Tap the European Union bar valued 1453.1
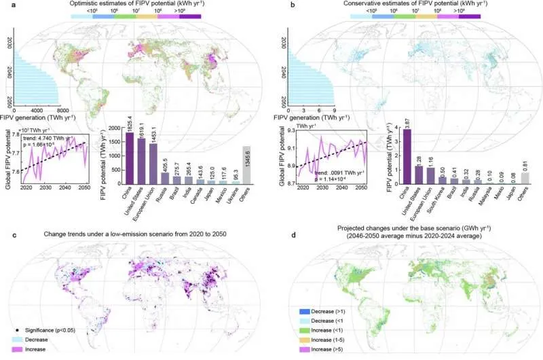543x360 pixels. click(x=153, y=164)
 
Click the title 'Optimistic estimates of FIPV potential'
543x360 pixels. click(x=134, y=4)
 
